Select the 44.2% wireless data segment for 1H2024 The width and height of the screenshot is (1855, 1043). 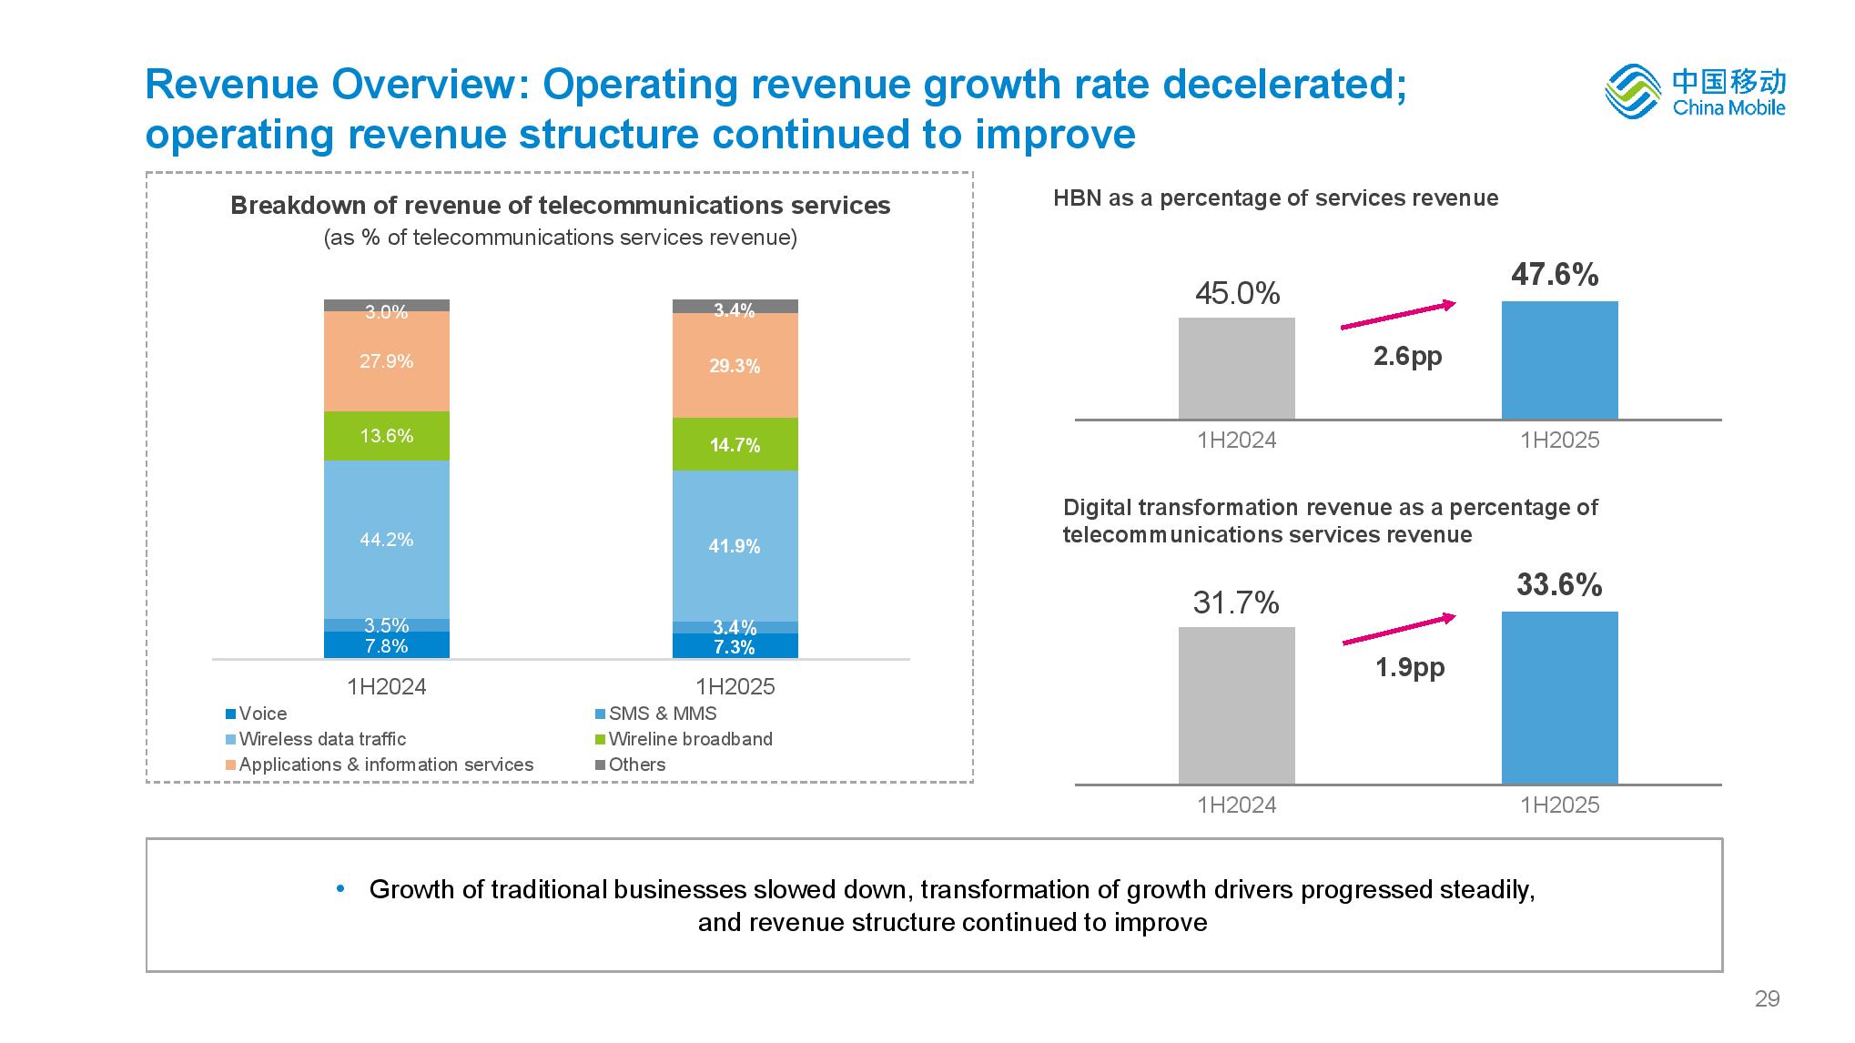pos(387,540)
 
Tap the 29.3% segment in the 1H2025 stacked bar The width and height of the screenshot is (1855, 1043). pos(735,366)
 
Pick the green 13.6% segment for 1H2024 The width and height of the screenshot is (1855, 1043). pos(387,436)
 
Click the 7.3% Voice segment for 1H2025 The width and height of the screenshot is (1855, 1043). pos(735,646)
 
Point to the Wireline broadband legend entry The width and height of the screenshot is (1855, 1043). pos(689,739)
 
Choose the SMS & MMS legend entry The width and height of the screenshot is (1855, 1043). pos(662,714)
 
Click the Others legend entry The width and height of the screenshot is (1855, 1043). pos(636,765)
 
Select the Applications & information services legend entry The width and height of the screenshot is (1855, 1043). pos(385,765)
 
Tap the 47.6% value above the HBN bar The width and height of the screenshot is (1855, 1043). pos(1555,275)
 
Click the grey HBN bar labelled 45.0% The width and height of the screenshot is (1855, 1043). pos(1236,369)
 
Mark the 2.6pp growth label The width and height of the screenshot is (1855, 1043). pos(1407,356)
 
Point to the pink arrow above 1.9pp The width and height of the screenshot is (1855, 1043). pos(1399,630)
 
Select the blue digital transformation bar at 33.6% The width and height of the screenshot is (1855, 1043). pos(1559,697)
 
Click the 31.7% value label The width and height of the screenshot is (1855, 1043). pos(1236,603)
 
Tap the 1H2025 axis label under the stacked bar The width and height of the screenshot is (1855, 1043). pos(735,686)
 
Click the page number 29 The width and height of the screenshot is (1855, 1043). pos(1767,999)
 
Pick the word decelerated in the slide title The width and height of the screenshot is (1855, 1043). pos(1283,85)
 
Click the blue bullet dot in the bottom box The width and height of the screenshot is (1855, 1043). pos(341,888)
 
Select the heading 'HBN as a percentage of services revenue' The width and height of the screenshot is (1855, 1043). pos(1275,198)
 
